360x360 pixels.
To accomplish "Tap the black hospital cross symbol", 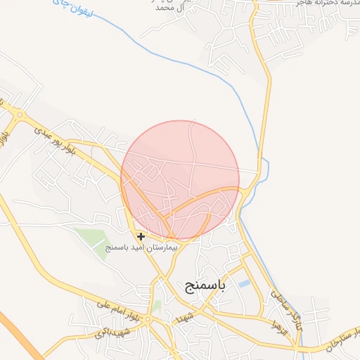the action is (141, 236).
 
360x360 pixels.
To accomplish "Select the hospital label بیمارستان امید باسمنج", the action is (142, 247).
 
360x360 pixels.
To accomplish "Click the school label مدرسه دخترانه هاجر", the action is (309, 4).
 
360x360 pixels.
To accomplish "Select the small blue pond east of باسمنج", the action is (244, 283).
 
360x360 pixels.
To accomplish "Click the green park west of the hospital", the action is (91, 239).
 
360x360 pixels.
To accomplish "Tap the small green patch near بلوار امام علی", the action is (156, 307).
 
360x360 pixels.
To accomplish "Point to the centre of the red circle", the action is (180, 179).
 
